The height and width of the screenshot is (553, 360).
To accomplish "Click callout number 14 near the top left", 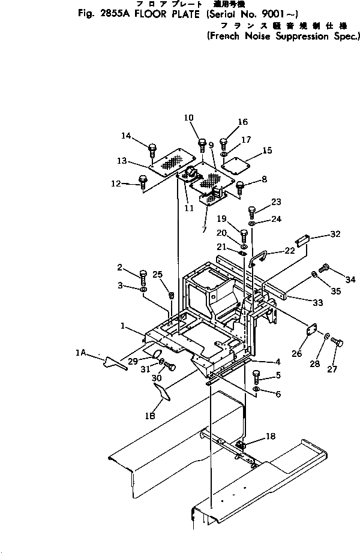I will point(127,136).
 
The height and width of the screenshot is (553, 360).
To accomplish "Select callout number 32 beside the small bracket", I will point(335,234).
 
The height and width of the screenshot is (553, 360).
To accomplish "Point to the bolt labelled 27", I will point(337,344).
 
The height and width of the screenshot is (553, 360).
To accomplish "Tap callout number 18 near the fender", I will point(271,437).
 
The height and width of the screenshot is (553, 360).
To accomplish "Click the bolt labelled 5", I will point(257,377).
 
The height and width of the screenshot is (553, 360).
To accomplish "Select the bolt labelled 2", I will point(143,276).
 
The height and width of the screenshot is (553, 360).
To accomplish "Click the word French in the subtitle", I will point(226,36).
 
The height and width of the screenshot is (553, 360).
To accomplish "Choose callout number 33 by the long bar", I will point(317,303).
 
